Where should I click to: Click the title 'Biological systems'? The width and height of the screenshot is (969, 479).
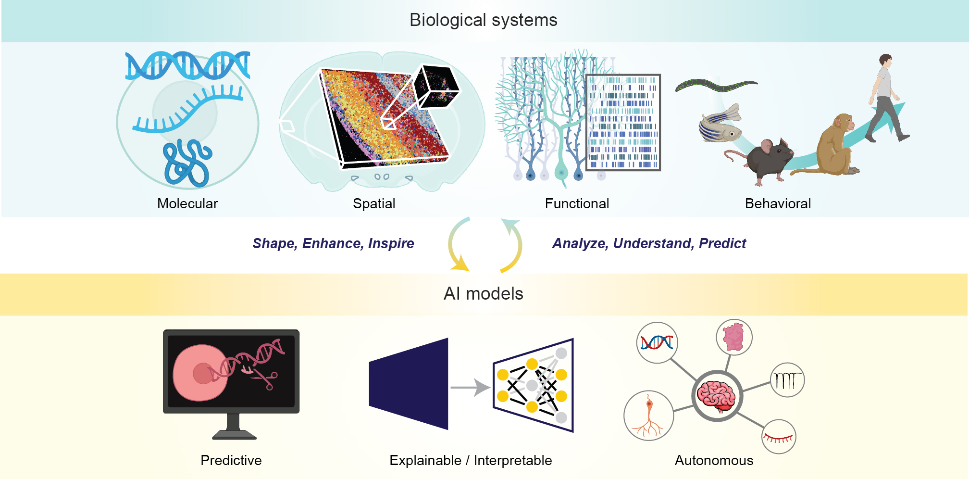(x=483, y=20)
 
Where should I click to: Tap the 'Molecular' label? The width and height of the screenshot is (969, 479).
(x=187, y=203)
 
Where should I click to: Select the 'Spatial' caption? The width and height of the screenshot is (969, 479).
(x=374, y=203)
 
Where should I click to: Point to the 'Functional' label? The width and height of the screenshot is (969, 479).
(x=577, y=203)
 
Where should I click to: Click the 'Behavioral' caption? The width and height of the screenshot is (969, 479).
(x=778, y=203)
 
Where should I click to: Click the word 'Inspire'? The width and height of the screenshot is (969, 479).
(x=391, y=243)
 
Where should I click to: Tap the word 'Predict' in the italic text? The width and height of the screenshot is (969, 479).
(x=722, y=243)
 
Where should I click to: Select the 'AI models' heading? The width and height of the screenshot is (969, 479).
(x=483, y=293)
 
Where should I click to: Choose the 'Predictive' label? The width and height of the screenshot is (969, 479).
(x=231, y=460)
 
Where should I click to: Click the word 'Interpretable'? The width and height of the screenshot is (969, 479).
(x=513, y=460)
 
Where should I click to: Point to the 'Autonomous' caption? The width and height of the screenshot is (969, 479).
(x=714, y=460)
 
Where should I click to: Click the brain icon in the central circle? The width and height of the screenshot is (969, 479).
(x=717, y=396)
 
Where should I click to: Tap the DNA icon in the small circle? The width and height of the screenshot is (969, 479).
(x=657, y=342)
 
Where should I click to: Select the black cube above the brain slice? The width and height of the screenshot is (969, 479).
(x=435, y=86)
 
